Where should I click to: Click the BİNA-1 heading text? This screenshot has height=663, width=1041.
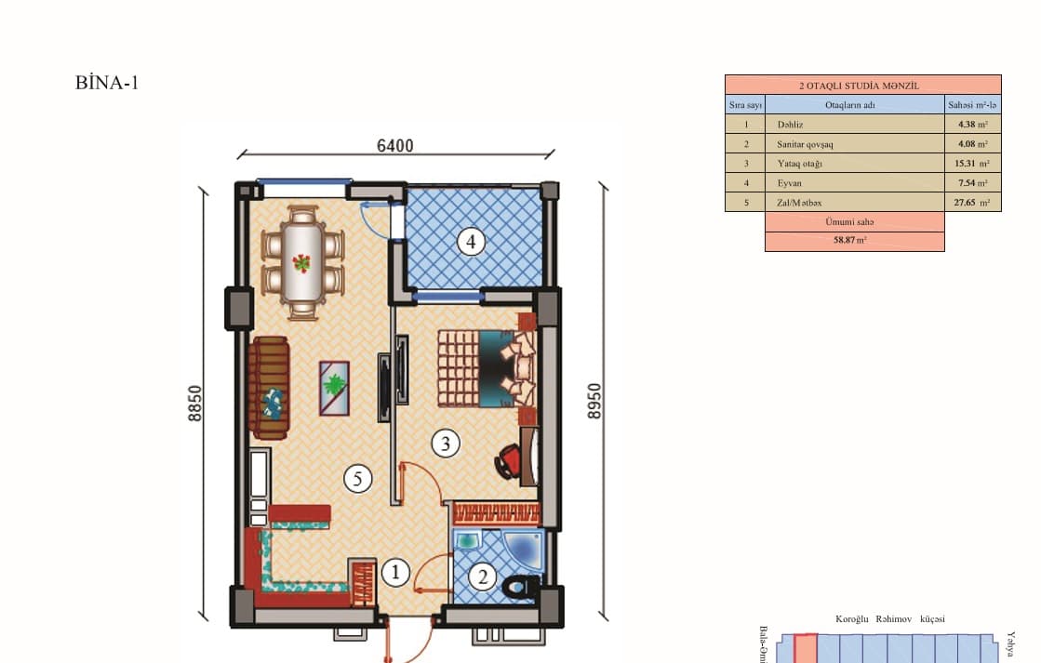tap(107, 83)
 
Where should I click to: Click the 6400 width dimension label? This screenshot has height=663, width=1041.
tap(395, 145)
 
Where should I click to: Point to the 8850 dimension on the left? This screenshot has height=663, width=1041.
tap(194, 404)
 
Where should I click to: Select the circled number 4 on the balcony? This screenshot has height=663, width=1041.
tap(471, 243)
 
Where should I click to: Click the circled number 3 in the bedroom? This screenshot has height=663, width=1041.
tap(446, 444)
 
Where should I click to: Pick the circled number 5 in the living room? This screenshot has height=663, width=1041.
tap(357, 479)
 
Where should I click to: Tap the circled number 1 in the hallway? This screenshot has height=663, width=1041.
tap(395, 573)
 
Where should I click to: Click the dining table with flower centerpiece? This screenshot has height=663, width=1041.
tap(302, 263)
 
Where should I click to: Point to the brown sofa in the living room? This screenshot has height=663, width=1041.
tap(270, 387)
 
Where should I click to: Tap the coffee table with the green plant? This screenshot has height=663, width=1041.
tap(333, 387)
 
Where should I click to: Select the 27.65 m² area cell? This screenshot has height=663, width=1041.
tap(972, 202)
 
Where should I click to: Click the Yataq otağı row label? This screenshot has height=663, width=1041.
tap(799, 164)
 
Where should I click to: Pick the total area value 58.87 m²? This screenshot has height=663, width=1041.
tap(853, 241)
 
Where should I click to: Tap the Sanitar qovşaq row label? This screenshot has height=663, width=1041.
tap(806, 144)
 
